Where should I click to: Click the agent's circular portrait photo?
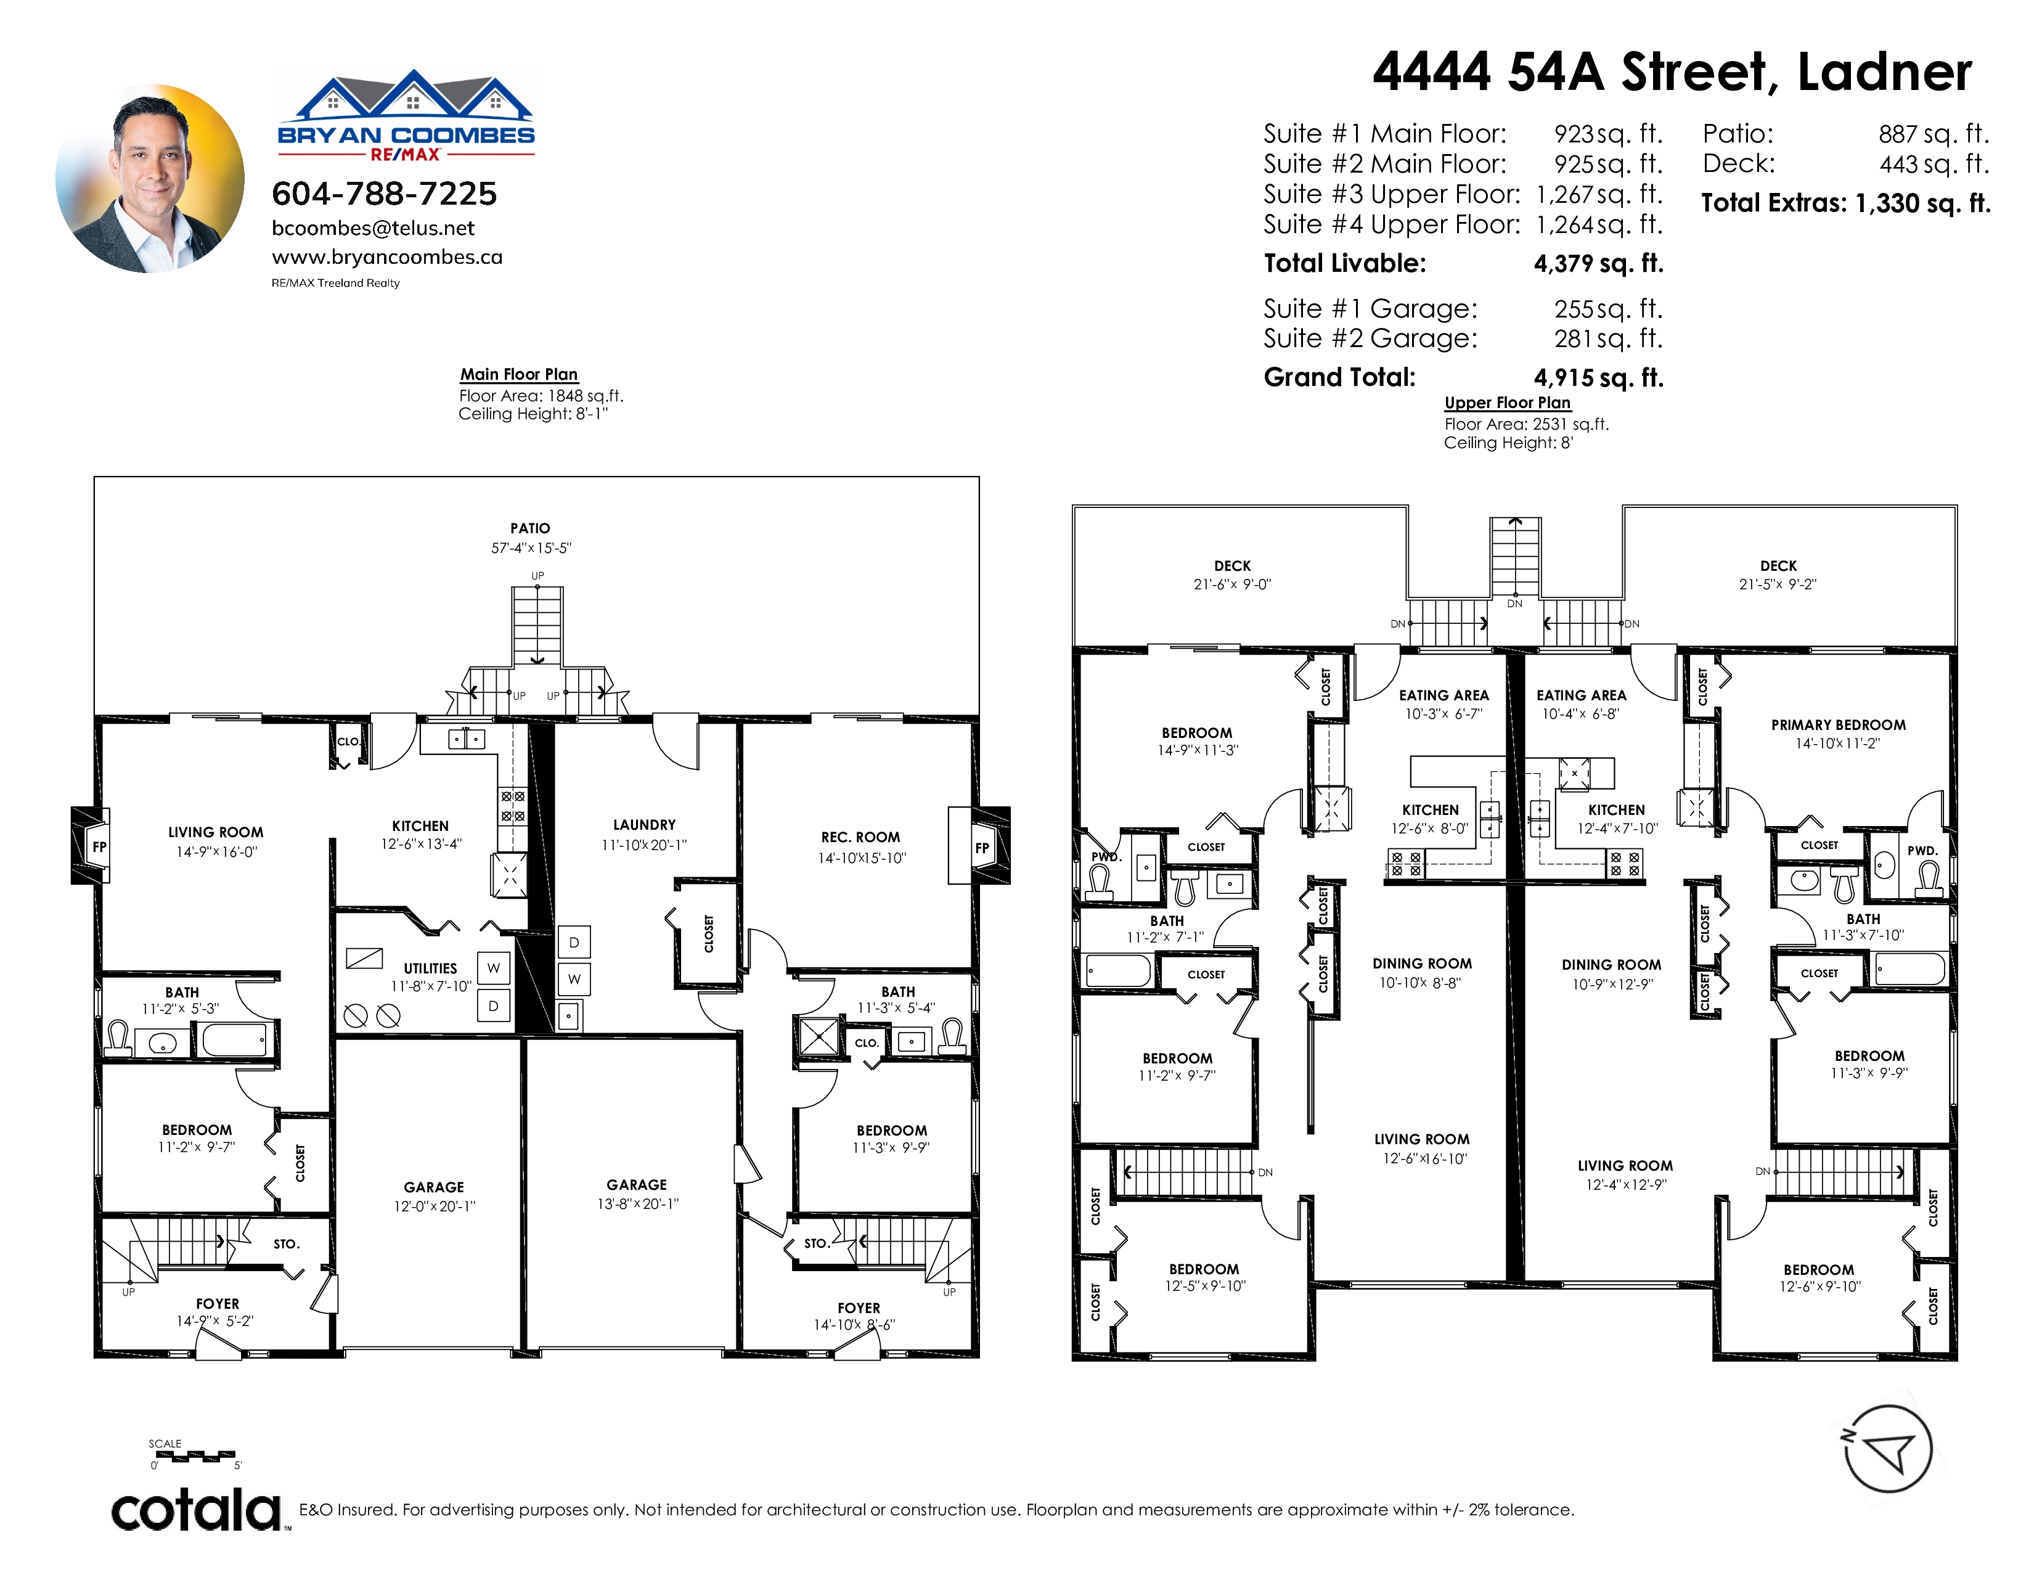tap(150, 179)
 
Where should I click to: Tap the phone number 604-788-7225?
tap(384, 194)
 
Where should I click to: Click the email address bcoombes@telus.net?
tap(372, 228)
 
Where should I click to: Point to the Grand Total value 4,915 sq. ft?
tap(1598, 377)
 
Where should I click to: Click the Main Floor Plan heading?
tap(519, 374)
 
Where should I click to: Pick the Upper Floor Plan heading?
tap(1507, 403)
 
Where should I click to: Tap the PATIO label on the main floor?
tap(530, 528)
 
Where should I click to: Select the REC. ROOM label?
tap(860, 837)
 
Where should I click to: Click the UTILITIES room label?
tap(430, 968)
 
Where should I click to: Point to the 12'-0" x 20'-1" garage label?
tap(434, 1206)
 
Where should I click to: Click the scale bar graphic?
tap(194, 1455)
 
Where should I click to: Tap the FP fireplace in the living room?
tap(99, 846)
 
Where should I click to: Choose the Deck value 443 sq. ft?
tap(1934, 164)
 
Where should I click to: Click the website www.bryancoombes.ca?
tap(386, 257)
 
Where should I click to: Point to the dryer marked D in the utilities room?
tap(494, 1006)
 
